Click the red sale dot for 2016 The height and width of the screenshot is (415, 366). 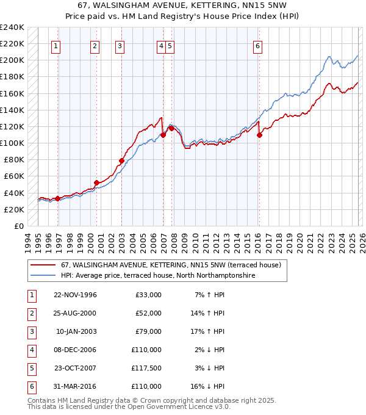tap(259, 135)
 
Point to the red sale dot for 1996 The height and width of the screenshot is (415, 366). tap(57, 198)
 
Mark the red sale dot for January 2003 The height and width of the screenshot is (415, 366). tap(121, 161)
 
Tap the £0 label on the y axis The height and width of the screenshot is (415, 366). tap(18, 226)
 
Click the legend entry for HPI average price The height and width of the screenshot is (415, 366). tap(157, 276)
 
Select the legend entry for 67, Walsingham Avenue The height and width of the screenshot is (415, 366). tap(170, 265)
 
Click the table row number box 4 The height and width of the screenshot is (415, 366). tap(31, 350)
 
